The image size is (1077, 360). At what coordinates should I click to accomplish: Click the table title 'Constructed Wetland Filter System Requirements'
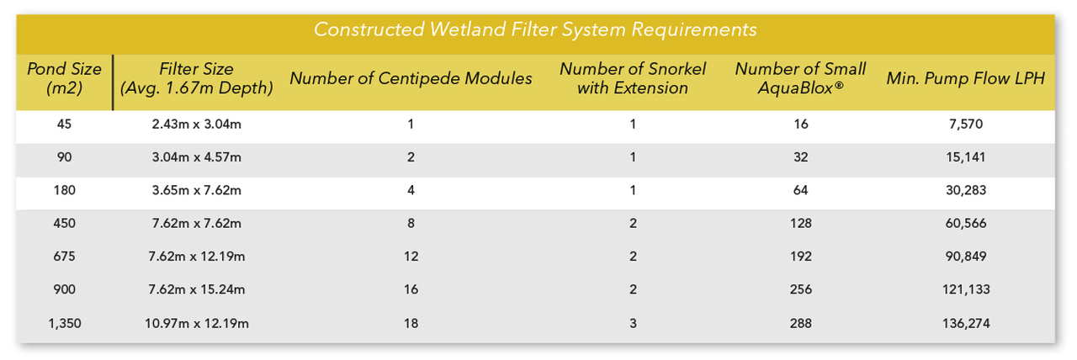[x=535, y=29]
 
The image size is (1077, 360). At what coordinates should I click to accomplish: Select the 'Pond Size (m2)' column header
[x=65, y=78]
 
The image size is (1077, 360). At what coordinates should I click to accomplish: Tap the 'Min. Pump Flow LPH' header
[x=965, y=78]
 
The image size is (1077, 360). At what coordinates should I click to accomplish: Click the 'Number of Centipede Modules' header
[x=411, y=78]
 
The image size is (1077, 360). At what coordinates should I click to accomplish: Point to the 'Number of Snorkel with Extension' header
[x=633, y=78]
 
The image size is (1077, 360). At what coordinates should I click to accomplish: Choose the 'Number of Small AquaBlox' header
[x=800, y=78]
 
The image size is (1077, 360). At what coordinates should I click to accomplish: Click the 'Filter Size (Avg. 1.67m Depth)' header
[x=196, y=78]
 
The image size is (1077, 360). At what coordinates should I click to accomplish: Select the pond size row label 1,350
[x=65, y=322]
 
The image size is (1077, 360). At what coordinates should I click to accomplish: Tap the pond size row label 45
[x=65, y=124]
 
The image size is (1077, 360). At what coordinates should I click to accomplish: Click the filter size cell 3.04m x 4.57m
[x=196, y=157]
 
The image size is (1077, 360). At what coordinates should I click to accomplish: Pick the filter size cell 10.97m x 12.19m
[x=196, y=322]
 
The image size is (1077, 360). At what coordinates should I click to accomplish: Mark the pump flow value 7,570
[x=965, y=124]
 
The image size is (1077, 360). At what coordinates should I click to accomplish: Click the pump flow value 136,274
[x=965, y=322]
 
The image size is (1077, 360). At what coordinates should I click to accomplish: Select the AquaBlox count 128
[x=800, y=223]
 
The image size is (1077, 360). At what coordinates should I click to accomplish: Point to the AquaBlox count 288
[x=800, y=322]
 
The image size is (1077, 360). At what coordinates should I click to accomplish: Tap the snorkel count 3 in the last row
[x=633, y=322]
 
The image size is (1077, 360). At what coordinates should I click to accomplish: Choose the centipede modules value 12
[x=411, y=257]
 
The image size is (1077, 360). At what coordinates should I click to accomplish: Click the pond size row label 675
[x=65, y=257]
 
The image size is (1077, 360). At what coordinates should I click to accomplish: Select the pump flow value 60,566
[x=965, y=223]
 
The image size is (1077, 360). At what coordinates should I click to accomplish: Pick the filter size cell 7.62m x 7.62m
[x=196, y=223]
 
